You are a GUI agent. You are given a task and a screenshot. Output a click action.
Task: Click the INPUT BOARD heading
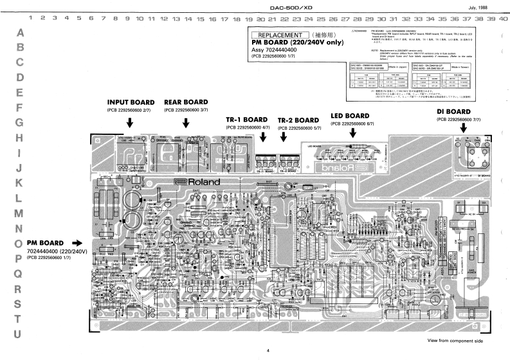[x=131, y=102]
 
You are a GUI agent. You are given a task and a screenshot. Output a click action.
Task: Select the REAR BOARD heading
[x=186, y=102]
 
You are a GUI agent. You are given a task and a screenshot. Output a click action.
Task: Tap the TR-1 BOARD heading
[x=246, y=120]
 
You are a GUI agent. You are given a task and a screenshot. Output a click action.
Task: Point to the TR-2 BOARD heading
[x=298, y=120]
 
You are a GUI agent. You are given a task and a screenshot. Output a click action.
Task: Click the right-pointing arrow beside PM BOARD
[x=78, y=243]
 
